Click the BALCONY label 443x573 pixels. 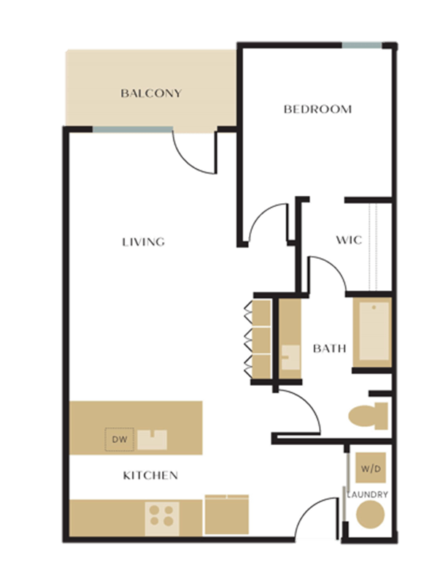point(151,94)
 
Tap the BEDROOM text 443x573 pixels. point(317,110)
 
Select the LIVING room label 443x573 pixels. point(143,242)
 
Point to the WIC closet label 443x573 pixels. point(348,240)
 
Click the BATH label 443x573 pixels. point(329,349)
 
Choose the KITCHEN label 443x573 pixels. point(150,476)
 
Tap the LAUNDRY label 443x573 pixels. point(367,495)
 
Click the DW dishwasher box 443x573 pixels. point(118,440)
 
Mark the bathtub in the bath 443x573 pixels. point(372,333)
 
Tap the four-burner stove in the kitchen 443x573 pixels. point(161,516)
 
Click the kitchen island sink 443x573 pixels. point(153,439)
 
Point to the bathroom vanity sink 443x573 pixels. point(290,357)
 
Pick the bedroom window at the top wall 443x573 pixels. point(362,45)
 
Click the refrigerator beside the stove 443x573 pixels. point(226,515)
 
